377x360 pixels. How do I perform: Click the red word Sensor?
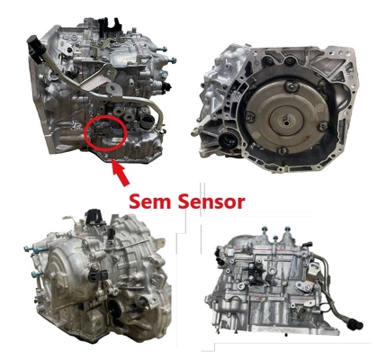tap(211, 202)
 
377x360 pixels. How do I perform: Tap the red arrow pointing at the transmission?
tap(121, 173)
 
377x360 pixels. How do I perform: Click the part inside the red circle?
tap(102, 131)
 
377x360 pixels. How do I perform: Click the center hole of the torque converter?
tap(286, 122)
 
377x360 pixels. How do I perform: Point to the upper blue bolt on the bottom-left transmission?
tap(31, 249)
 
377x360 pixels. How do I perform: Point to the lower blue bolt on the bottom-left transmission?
tap(36, 274)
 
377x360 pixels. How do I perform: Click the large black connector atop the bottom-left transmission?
tap(94, 217)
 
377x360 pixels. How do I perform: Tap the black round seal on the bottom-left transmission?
tap(114, 309)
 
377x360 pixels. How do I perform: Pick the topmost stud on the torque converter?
tap(290, 86)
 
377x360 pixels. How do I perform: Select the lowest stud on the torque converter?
tap(281, 151)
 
